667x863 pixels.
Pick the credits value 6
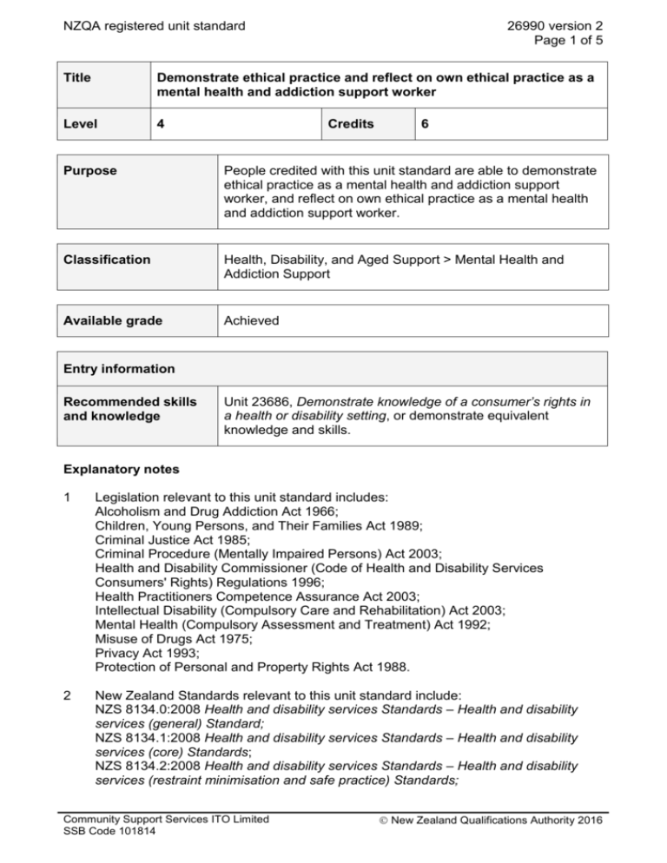click(425, 124)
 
